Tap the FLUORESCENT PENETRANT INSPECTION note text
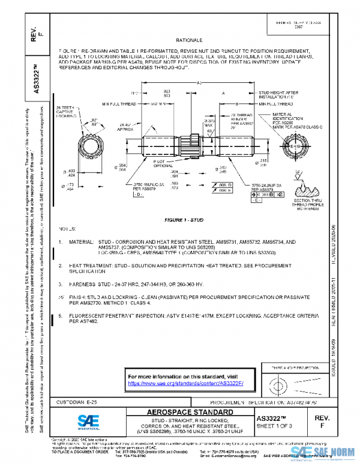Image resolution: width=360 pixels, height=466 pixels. pyautogui.click(x=120, y=315)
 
